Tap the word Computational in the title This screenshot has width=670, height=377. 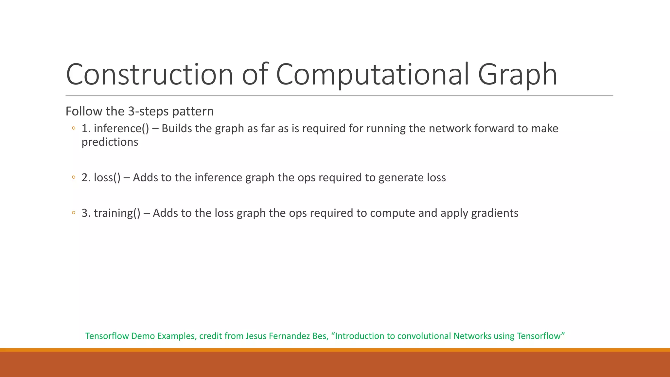373,74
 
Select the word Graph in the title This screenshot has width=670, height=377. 517,74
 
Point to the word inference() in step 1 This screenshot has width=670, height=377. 121,128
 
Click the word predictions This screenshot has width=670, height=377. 110,142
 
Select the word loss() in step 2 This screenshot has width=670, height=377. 107,177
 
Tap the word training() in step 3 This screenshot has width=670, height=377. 117,213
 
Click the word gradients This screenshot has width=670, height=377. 494,213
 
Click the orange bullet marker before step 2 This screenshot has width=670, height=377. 74,177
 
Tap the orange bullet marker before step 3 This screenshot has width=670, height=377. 74,213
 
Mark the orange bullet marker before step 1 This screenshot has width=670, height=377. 74,128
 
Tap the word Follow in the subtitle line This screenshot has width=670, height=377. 79,111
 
